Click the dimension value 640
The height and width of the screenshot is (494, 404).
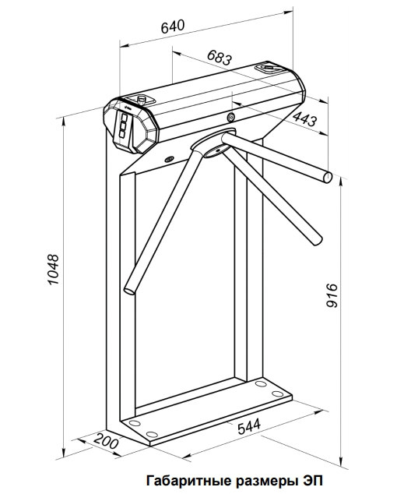(x=173, y=26)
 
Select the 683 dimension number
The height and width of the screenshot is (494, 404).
(x=220, y=58)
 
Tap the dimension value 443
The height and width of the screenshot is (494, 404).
(x=304, y=118)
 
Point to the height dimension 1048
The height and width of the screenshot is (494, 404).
(x=54, y=270)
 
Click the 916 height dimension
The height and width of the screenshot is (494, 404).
(x=332, y=295)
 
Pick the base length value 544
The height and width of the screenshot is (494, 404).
(x=249, y=426)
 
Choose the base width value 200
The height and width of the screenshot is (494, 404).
(x=106, y=441)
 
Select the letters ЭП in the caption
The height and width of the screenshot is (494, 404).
(x=314, y=481)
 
